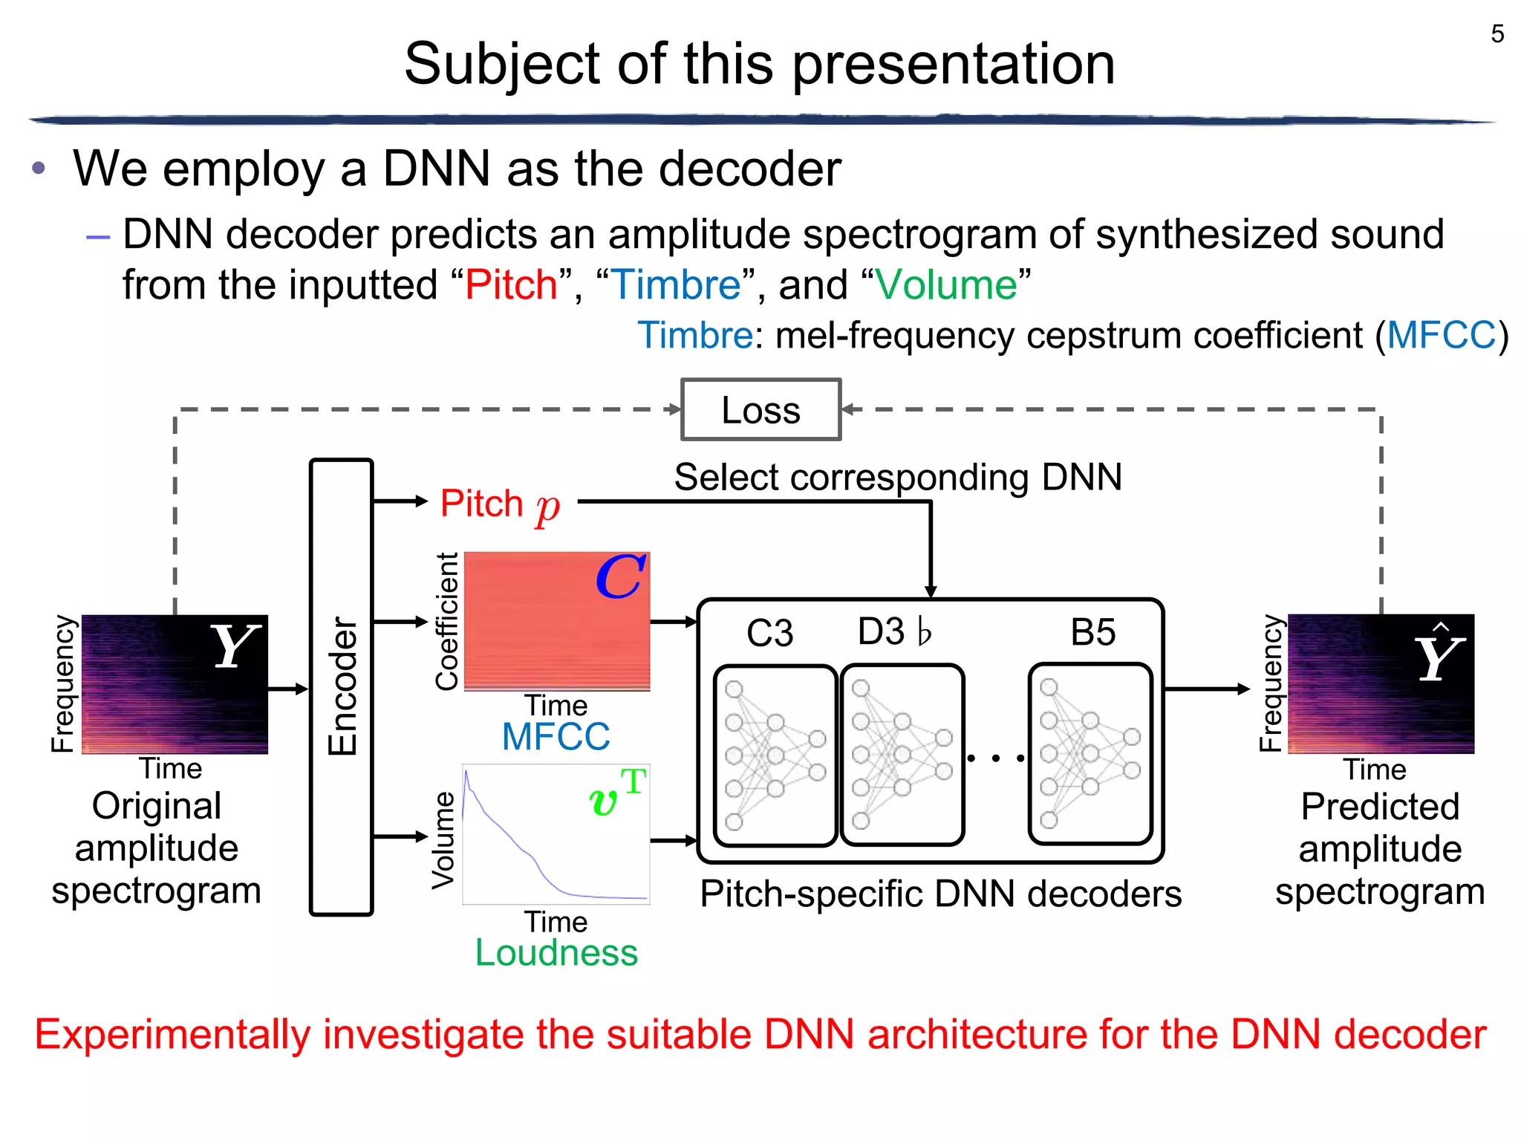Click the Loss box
(x=760, y=410)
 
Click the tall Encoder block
(x=341, y=686)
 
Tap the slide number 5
(x=1497, y=34)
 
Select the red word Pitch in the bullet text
(x=511, y=285)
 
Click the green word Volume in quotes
(x=945, y=285)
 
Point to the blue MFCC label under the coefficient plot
(x=556, y=737)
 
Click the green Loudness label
(x=556, y=953)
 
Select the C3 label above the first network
(x=769, y=634)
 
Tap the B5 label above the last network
(x=1092, y=633)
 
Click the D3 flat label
(x=894, y=632)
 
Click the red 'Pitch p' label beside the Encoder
(x=499, y=504)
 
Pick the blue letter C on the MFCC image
(x=621, y=577)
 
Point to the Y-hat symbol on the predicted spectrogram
(x=1439, y=654)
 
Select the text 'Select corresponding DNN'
(x=897, y=477)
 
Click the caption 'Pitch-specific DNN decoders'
(x=940, y=894)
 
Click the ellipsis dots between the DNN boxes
(x=996, y=758)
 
